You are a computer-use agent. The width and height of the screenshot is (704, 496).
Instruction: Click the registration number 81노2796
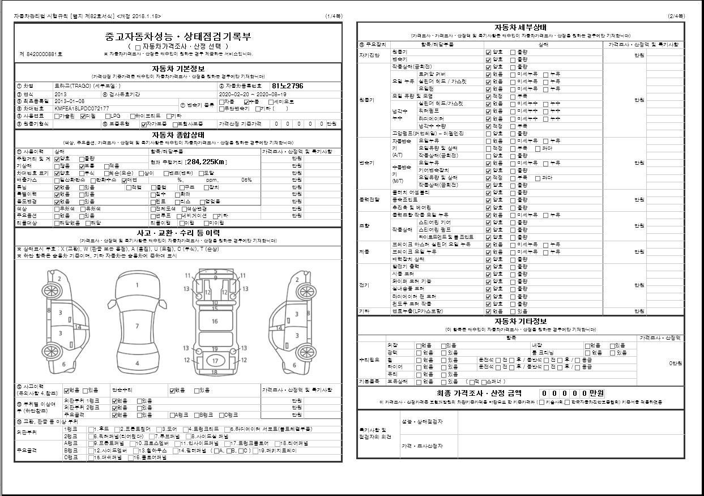(288, 86)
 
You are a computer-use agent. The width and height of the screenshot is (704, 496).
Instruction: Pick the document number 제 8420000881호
(41, 54)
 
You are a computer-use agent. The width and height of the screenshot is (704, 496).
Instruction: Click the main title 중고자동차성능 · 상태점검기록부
(178, 37)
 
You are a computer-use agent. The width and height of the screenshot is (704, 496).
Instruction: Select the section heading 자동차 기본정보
(178, 69)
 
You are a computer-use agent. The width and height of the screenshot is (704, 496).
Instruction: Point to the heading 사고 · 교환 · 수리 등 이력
(178, 233)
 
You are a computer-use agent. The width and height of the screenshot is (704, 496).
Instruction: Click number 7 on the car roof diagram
(137, 326)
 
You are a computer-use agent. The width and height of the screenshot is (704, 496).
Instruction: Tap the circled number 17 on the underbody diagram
(215, 361)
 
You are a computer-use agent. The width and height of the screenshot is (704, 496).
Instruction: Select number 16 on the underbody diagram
(215, 322)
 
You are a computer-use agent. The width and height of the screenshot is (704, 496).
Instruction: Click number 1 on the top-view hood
(137, 285)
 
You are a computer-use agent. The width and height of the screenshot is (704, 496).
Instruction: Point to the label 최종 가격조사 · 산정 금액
(479, 393)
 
